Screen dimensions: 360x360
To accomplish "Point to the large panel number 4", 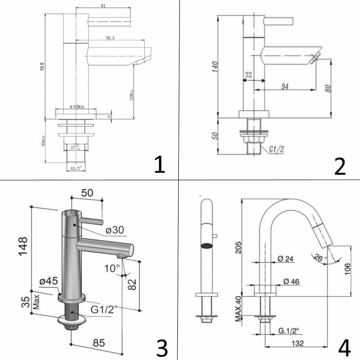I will [x=344, y=348].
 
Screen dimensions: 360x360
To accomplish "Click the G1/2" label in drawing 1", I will [x=75, y=168].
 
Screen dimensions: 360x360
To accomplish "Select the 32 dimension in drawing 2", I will [x=248, y=74].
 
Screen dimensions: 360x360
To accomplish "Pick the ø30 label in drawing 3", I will [x=115, y=230].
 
